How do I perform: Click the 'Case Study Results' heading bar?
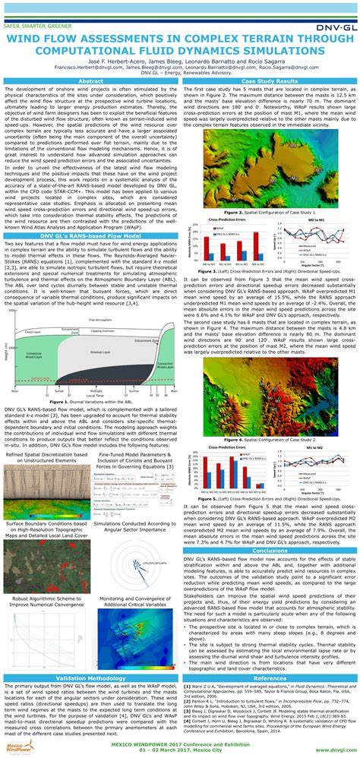point(270,81)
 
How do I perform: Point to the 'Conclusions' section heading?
point(270,509)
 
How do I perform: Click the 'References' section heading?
point(270,677)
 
